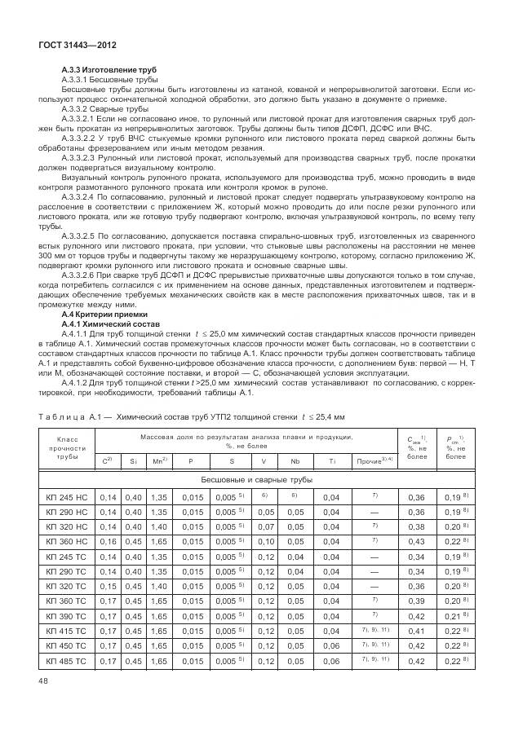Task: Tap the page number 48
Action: pyautogui.click(x=42, y=702)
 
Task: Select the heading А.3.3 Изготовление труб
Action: pyautogui.click(x=109, y=71)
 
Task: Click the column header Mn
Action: pyautogui.click(x=158, y=462)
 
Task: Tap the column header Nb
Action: pyautogui.click(x=294, y=462)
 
